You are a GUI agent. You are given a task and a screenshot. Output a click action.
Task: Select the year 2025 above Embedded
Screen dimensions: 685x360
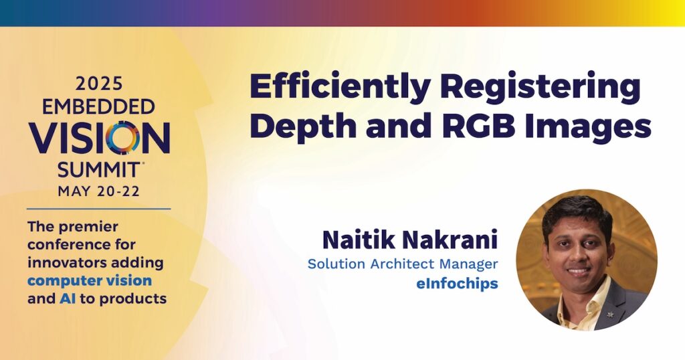[99, 84]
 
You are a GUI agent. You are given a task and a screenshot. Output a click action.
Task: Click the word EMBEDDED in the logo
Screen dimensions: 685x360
[99, 106]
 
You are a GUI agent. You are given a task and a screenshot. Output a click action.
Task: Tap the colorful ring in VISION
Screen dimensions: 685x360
[123, 138]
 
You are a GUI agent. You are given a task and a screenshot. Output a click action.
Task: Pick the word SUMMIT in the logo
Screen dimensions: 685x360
[98, 170]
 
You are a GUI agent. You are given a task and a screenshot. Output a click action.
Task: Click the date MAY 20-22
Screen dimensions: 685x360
[99, 191]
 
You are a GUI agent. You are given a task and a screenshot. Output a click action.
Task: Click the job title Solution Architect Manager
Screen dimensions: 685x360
[403, 264]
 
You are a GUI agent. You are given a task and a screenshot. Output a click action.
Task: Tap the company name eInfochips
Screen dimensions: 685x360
[457, 284]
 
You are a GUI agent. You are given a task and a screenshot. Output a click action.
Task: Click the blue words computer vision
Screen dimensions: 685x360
[90, 281]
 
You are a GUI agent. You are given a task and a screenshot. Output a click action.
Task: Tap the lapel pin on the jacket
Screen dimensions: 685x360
[610, 314]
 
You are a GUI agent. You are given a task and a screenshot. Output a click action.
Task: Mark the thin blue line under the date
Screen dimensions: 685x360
[99, 209]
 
